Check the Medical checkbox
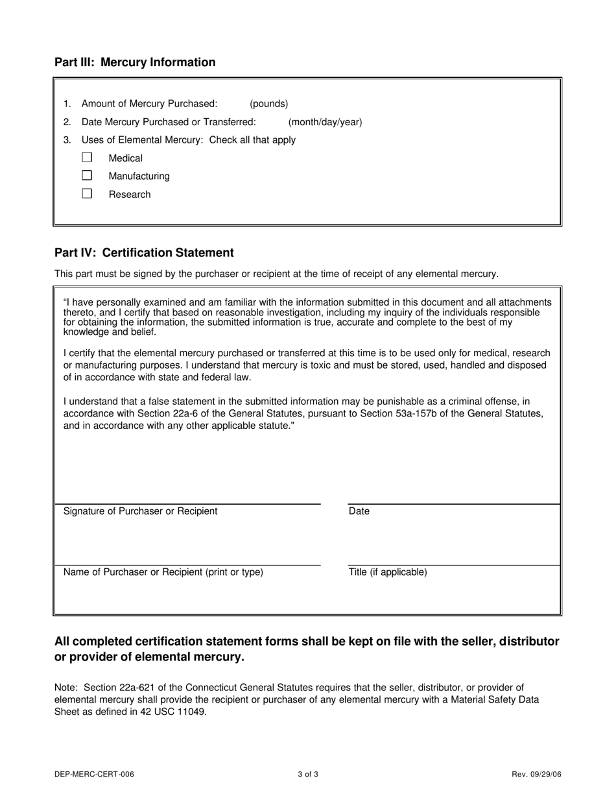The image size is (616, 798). tap(87, 157)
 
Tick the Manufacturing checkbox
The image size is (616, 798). tap(87, 175)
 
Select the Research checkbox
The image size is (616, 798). tap(87, 193)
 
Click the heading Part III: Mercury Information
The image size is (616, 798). tap(135, 62)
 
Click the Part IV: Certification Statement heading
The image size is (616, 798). tap(144, 252)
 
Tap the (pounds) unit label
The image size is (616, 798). tap(269, 104)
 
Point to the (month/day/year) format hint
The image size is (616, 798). tap(325, 122)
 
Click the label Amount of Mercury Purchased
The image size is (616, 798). tap(149, 104)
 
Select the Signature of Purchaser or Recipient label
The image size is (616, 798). tap(140, 511)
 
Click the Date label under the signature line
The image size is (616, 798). tap(359, 511)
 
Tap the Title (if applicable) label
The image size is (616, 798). tap(388, 572)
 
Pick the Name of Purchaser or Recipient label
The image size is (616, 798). tap(163, 572)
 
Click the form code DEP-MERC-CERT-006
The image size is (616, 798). tap(95, 774)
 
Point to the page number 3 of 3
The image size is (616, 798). tap(308, 774)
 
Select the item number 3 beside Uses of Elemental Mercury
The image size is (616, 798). tap(67, 140)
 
